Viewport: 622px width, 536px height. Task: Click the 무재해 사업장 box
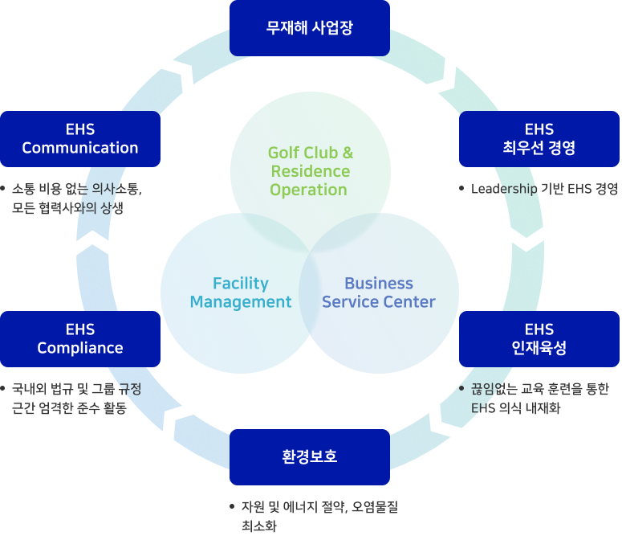[x=309, y=28]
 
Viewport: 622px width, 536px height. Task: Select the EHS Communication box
[x=80, y=138]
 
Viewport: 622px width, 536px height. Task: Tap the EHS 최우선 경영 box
[x=539, y=138]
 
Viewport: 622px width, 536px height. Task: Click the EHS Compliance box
[x=80, y=338]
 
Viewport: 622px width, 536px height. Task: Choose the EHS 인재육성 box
[x=539, y=338]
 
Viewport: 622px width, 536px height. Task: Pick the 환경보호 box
[x=309, y=456]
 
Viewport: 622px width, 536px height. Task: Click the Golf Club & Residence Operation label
[x=310, y=171]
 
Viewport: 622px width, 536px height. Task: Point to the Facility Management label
[x=240, y=293]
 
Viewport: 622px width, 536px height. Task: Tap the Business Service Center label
[x=378, y=293]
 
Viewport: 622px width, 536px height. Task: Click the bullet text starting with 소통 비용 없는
[x=76, y=198]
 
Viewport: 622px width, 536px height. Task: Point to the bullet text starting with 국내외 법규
[x=76, y=398]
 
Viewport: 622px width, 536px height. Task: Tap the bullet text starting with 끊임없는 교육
[x=539, y=398]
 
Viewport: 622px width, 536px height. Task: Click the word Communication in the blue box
[x=80, y=148]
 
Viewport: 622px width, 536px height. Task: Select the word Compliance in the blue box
[x=80, y=348]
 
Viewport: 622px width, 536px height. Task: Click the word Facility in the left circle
[x=240, y=283]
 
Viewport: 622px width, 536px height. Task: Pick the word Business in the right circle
[x=378, y=283]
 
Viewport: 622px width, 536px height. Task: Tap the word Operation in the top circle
[x=309, y=190]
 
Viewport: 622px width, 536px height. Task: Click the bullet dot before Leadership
[x=461, y=189]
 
